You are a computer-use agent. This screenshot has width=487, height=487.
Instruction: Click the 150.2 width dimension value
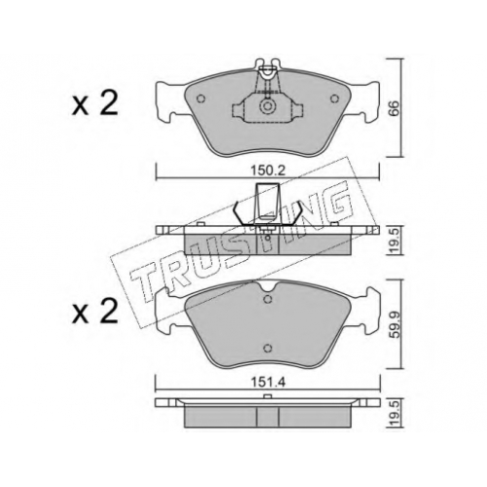268,170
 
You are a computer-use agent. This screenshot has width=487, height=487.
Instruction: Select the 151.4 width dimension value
268,383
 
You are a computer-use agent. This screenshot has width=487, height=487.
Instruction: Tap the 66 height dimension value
393,108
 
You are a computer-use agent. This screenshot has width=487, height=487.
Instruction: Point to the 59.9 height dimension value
393,324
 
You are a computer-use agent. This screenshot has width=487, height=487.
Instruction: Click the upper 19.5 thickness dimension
393,240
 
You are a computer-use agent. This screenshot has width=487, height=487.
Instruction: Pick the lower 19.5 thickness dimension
393,413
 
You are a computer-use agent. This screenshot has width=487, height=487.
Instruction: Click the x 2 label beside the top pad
94,104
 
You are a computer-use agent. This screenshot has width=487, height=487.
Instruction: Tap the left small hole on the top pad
201,98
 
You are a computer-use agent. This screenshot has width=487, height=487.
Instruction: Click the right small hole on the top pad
334,98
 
